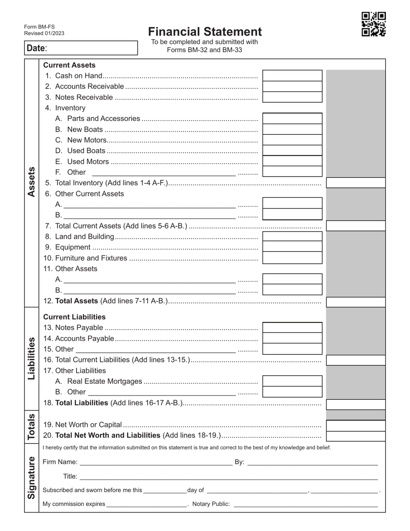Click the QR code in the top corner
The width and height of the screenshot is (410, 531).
[x=373, y=24]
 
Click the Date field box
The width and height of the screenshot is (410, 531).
[x=81, y=48]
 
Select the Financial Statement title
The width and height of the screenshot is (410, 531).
[x=205, y=32]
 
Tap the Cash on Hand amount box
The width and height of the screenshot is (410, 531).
[x=292, y=76]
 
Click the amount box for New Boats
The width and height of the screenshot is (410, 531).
[x=292, y=129]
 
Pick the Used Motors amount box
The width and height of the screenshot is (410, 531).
[x=292, y=161]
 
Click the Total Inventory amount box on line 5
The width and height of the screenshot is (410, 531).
[x=356, y=183]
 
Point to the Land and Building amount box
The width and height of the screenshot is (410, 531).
[x=292, y=236]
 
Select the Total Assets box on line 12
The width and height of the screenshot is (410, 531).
[x=356, y=302]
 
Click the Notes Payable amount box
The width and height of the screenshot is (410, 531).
[x=292, y=328]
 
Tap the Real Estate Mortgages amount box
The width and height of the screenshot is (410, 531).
[x=292, y=381]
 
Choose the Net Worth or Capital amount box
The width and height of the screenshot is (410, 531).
[x=356, y=426]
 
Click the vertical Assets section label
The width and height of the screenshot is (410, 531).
[x=32, y=182]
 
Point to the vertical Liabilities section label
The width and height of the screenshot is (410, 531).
[x=32, y=358]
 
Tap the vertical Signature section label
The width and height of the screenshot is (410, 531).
[x=32, y=477]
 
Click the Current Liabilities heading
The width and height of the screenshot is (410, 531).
[x=74, y=317]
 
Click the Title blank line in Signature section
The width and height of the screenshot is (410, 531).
[x=229, y=477]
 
